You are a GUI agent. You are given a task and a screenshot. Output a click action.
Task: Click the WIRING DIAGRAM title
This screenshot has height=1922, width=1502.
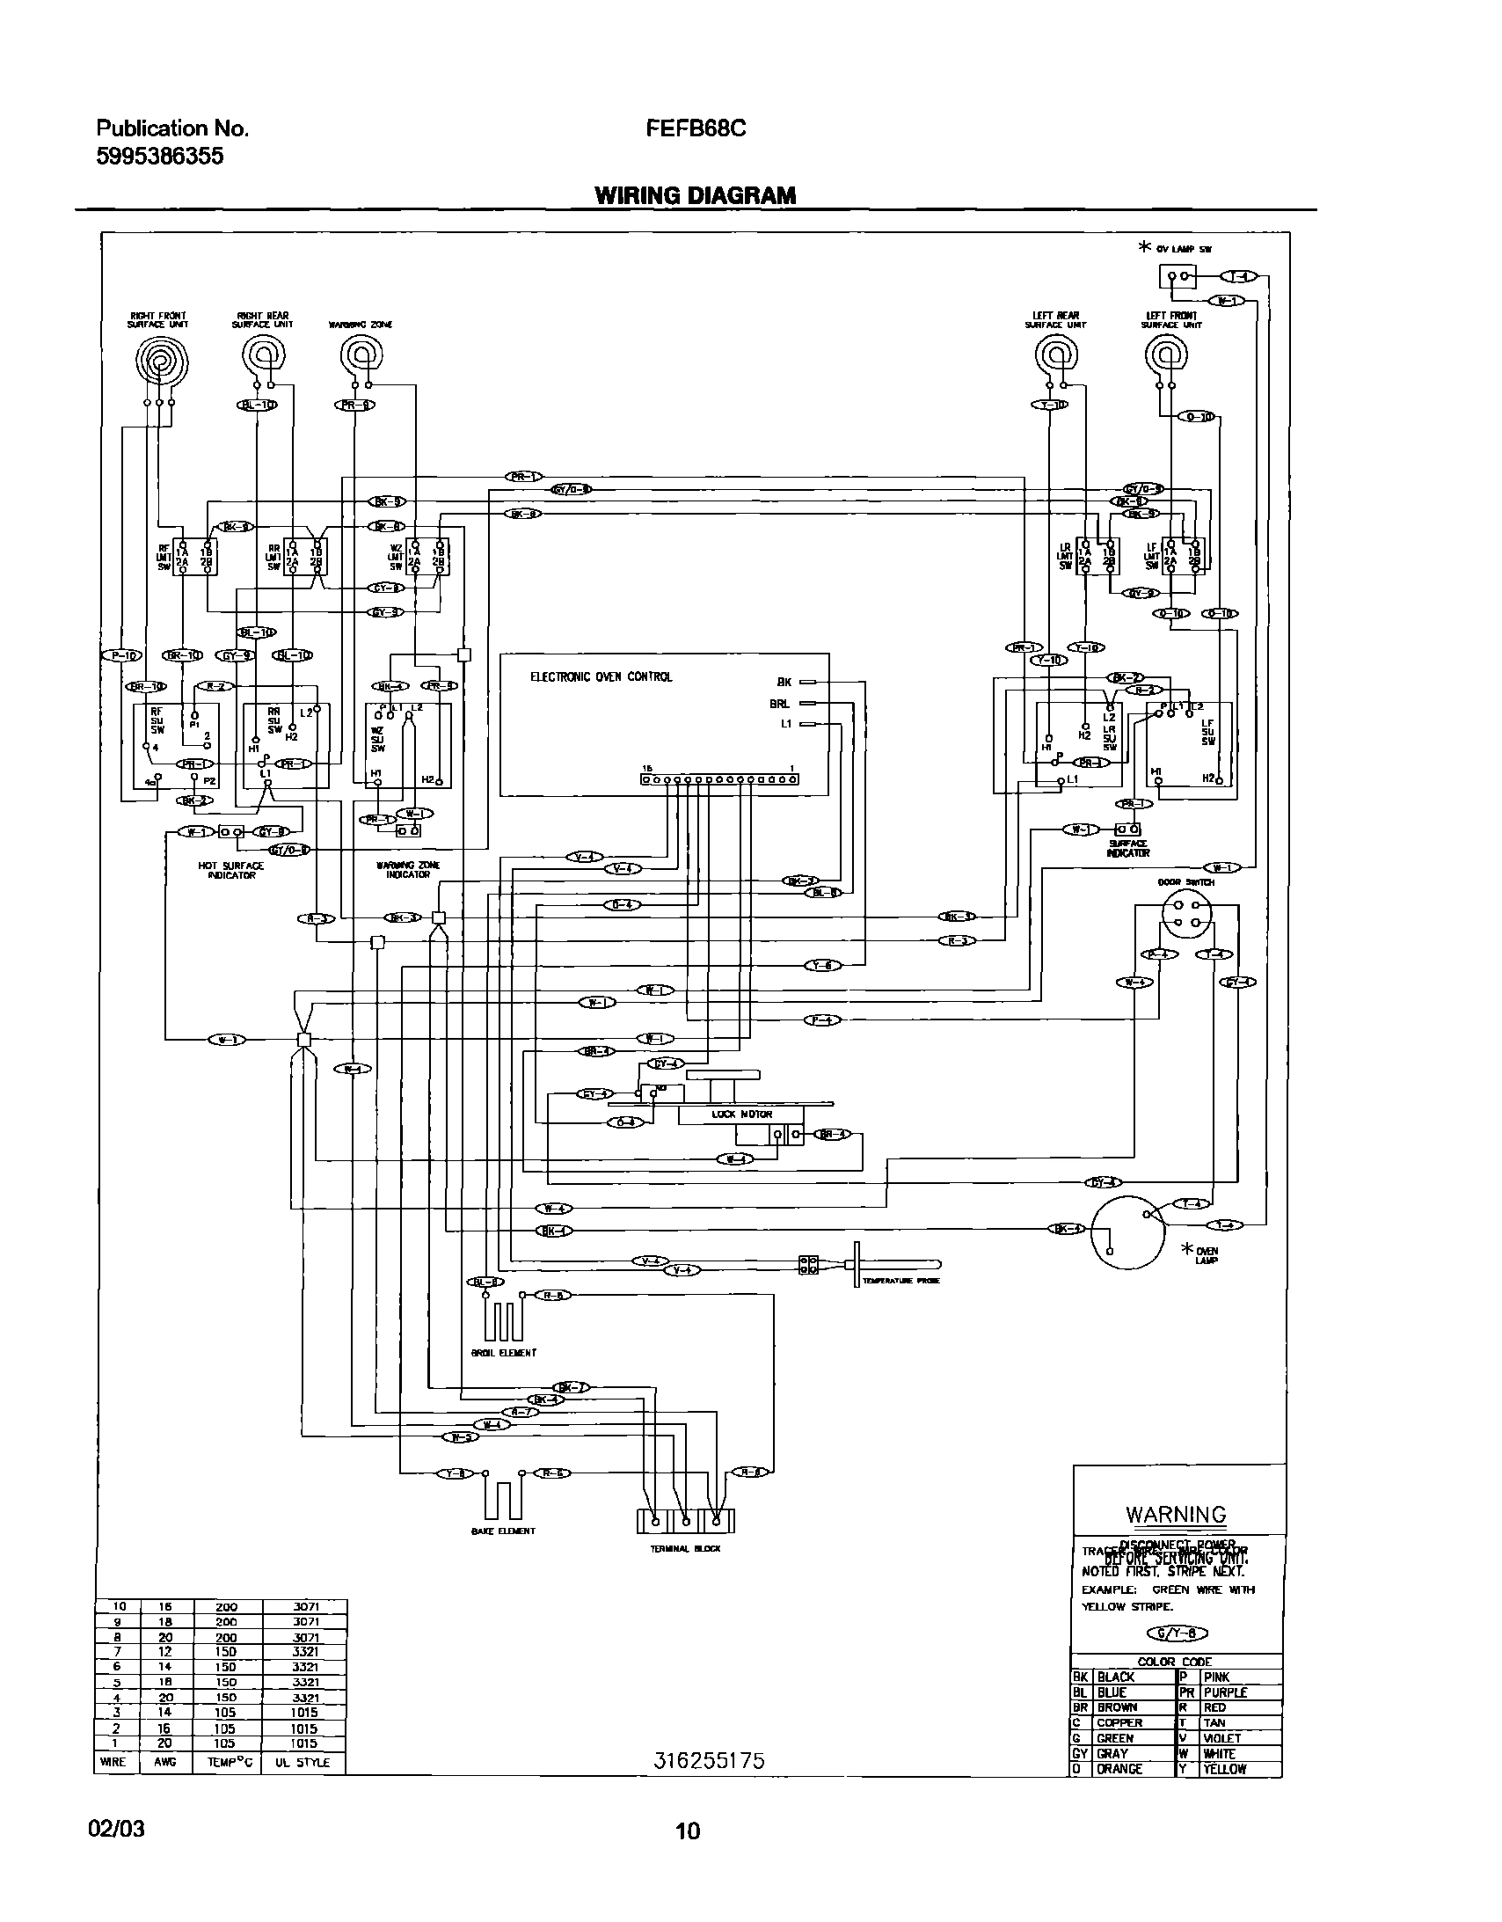tap(695, 195)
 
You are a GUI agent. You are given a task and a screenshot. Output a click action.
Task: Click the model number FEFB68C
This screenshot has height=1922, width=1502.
tap(695, 129)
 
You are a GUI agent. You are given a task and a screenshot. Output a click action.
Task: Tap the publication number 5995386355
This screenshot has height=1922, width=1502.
tap(159, 157)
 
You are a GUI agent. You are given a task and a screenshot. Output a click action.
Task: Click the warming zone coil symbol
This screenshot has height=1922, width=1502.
tap(360, 356)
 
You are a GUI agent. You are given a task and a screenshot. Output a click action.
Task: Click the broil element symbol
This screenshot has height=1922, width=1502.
tap(503, 1320)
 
